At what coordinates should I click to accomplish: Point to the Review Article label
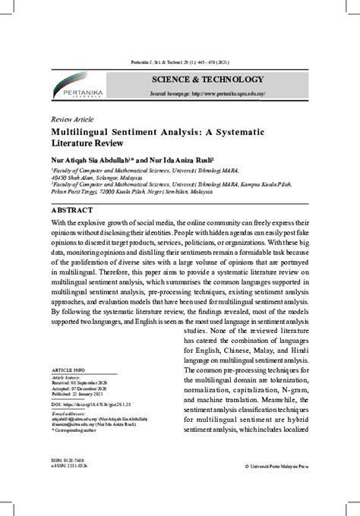[x=73, y=121]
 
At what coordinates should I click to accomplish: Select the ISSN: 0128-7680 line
[x=68, y=459]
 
